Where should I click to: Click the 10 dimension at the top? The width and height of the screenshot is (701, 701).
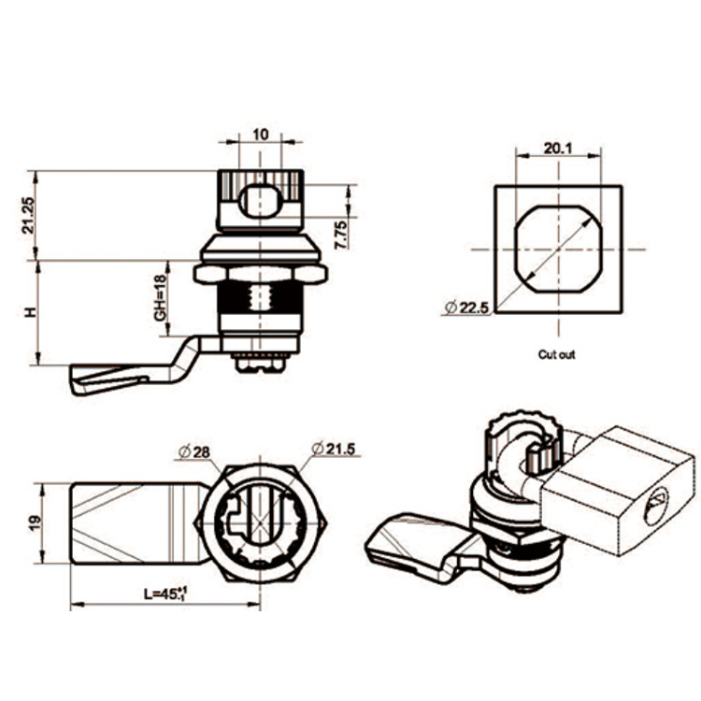pos(261,135)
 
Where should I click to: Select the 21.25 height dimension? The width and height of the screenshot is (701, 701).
pos(29,215)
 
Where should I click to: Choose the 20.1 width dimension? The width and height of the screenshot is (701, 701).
pos(558,147)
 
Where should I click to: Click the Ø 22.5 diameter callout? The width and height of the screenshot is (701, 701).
pos(466,308)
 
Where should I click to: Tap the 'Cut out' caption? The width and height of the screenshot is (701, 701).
pos(557,354)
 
